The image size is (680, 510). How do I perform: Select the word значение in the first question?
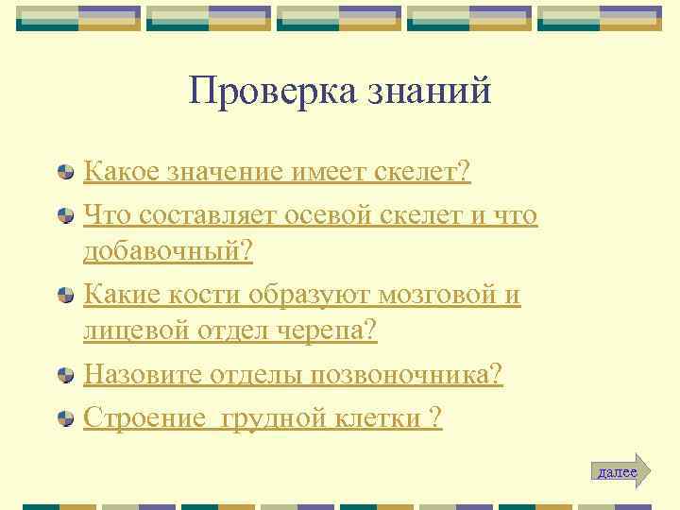(212, 172)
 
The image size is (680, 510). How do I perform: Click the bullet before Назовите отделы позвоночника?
(66, 376)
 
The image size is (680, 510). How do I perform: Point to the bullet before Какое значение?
(66, 174)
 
